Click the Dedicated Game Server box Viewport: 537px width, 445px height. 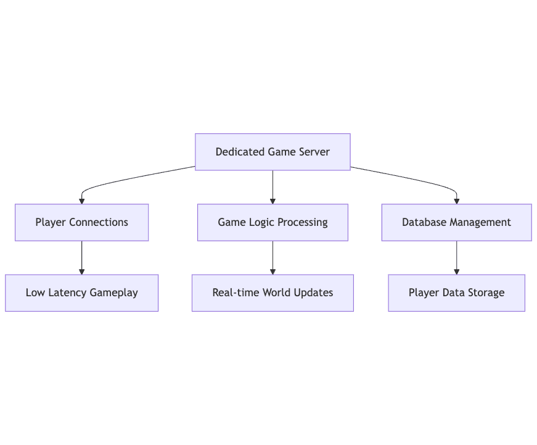pyautogui.click(x=273, y=152)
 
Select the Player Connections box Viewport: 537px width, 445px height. pyautogui.click(x=81, y=222)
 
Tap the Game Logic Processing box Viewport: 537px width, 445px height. pyautogui.click(x=273, y=222)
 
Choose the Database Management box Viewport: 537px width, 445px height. pyautogui.click(x=456, y=222)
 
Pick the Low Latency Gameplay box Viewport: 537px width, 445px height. pyautogui.click(x=81, y=293)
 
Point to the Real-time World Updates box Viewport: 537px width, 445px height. pyautogui.click(x=273, y=293)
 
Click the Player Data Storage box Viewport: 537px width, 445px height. pyautogui.click(x=456, y=293)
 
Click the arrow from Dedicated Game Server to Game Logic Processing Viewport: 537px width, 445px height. pyautogui.click(x=273, y=187)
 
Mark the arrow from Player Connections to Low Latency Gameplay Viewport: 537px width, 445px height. pyautogui.click(x=81, y=258)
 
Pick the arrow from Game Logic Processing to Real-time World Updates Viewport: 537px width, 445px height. pyautogui.click(x=273, y=258)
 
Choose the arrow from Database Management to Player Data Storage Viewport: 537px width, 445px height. pyautogui.click(x=456, y=258)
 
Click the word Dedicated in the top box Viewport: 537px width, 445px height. pyautogui.click(x=240, y=152)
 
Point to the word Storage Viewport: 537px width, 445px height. pyautogui.click(x=486, y=293)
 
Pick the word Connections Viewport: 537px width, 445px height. pyautogui.click(x=99, y=222)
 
